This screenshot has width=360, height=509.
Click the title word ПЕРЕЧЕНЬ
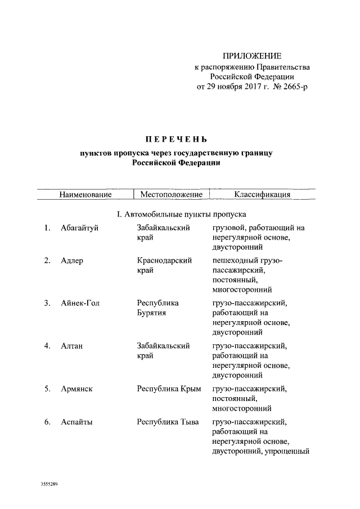[174, 139]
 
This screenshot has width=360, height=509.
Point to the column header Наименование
[85, 195]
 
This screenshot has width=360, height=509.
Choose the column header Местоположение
[171, 195]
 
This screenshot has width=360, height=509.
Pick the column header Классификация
[262, 195]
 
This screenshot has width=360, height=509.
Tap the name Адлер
[71, 260]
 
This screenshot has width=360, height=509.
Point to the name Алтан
[72, 346]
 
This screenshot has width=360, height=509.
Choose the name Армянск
[76, 389]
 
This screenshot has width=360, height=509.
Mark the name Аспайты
[77, 421]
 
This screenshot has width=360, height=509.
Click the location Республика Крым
[169, 389]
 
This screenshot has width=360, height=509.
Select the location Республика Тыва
[168, 421]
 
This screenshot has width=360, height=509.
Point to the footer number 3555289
[49, 484]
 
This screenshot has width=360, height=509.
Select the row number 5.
[47, 389]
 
